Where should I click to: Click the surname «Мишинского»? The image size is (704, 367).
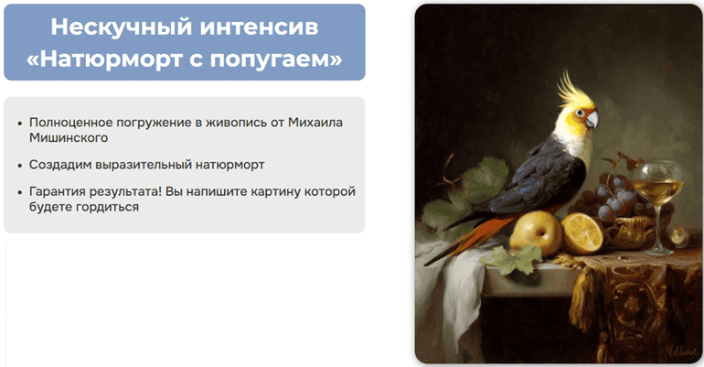[x=69, y=137]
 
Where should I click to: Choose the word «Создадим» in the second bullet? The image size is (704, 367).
[x=60, y=165]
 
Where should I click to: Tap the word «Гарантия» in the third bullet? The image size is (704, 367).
[x=60, y=191]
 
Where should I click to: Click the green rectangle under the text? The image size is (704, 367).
[x=199, y=304]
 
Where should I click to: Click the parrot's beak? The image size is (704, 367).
[x=592, y=120]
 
